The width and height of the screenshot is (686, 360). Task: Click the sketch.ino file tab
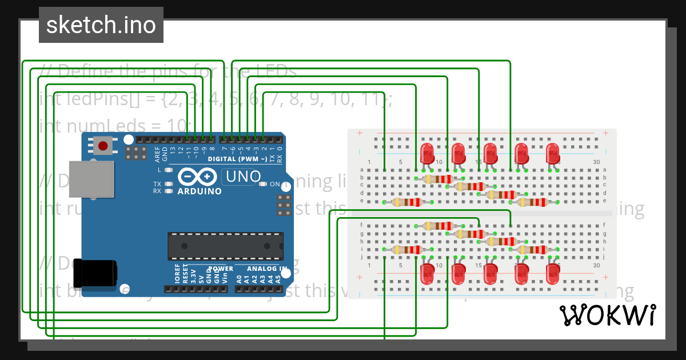point(101,25)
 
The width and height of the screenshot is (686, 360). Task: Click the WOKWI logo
point(608,315)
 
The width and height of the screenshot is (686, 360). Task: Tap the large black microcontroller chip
point(225,246)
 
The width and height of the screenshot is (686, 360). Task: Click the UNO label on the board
point(242,177)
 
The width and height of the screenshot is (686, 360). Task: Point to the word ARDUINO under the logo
point(200,191)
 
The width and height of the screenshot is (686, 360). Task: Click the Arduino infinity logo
point(196,176)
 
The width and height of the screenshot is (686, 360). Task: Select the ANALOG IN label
point(267,269)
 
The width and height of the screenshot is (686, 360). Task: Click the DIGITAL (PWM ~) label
point(237,158)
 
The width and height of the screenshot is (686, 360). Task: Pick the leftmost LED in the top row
point(426,154)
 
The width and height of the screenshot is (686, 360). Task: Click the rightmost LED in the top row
point(552,154)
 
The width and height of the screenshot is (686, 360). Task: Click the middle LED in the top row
point(490,154)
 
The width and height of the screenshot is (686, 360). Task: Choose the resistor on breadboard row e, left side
point(407,202)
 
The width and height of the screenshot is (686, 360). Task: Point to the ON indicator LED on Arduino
point(264,184)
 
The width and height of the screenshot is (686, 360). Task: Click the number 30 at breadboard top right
point(596,162)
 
